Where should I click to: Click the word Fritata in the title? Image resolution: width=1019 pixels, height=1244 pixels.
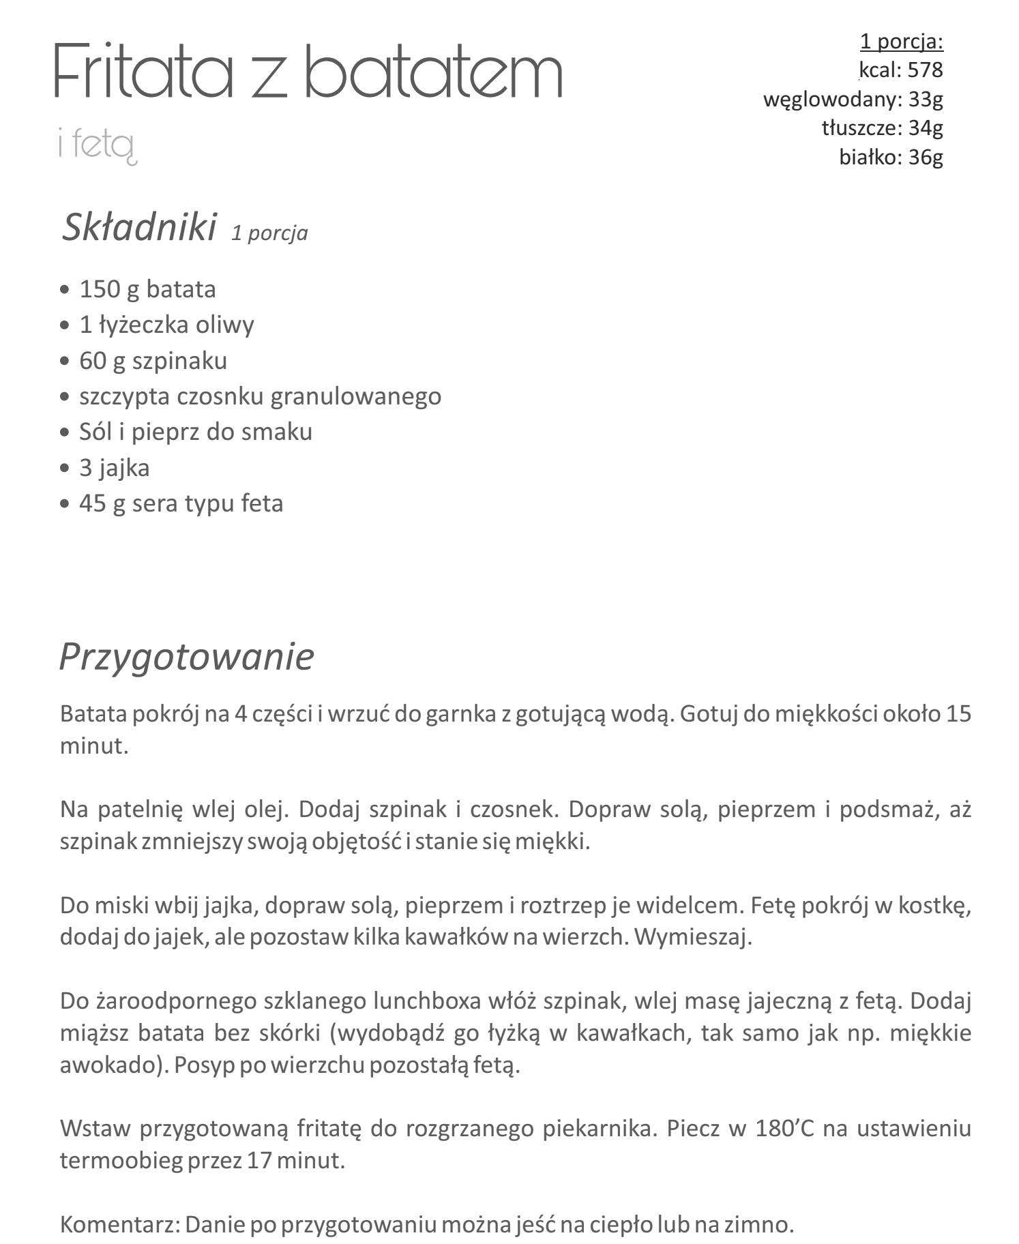pyautogui.click(x=143, y=71)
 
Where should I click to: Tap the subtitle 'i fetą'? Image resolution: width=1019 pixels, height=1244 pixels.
pyautogui.click(x=98, y=145)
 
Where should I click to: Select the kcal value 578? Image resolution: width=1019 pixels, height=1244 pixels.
pyautogui.click(x=925, y=70)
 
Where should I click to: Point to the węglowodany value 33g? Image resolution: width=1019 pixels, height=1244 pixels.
pyautogui.click(x=926, y=99)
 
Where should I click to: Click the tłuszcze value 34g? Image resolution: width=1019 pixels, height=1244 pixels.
pyautogui.click(x=926, y=128)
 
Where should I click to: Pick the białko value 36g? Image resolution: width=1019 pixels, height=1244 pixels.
pyautogui.click(x=926, y=157)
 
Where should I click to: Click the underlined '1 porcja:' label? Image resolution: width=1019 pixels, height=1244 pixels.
pyautogui.click(x=901, y=42)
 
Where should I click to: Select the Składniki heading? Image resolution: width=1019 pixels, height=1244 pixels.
pyautogui.click(x=139, y=227)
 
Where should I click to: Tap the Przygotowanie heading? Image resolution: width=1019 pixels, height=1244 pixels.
pyautogui.click(x=186, y=657)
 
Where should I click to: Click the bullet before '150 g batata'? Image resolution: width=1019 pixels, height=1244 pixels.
pyautogui.click(x=65, y=290)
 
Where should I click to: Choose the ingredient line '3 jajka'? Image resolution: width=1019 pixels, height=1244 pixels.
pyautogui.click(x=114, y=468)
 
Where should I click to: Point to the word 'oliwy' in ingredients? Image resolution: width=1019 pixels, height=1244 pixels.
pyautogui.click(x=225, y=325)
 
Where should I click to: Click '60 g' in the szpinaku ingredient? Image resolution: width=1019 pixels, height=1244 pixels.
pyautogui.click(x=102, y=361)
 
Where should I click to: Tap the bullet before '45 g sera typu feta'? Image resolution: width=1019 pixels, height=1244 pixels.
pyautogui.click(x=65, y=504)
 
